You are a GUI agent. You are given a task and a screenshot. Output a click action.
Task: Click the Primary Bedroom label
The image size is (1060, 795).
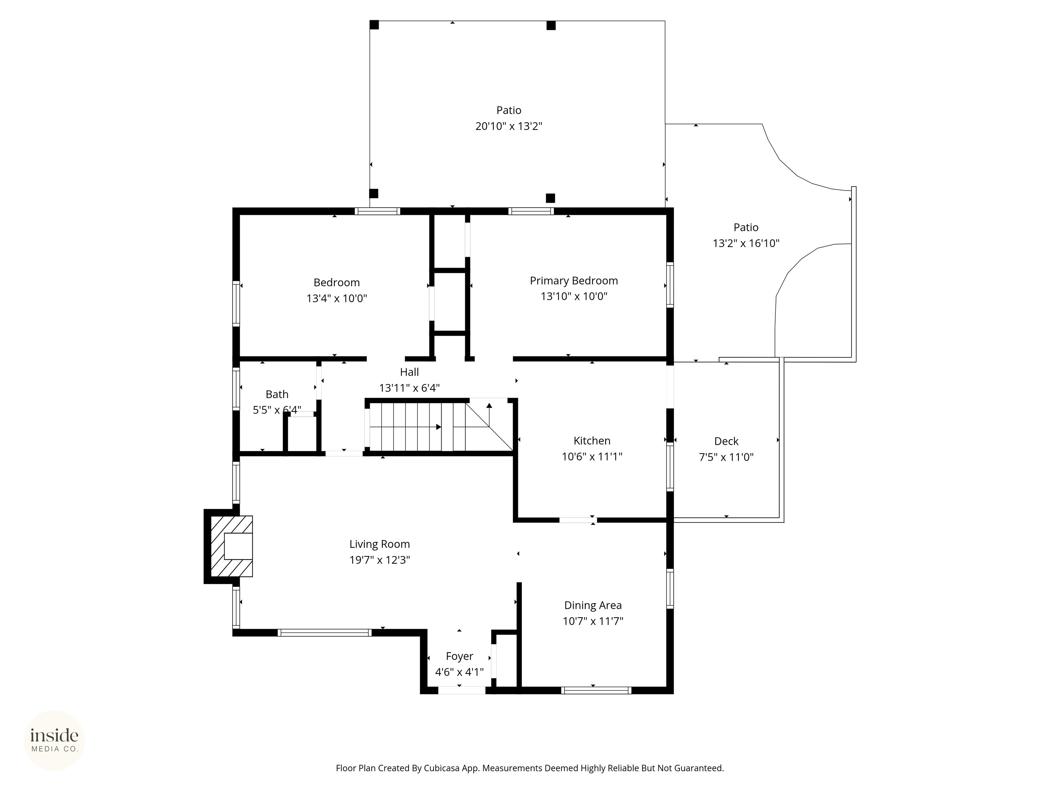point(573,281)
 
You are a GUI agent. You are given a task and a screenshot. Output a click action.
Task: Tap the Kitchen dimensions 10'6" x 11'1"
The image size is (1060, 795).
point(592,457)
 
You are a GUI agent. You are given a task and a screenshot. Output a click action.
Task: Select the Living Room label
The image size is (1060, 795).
point(380,544)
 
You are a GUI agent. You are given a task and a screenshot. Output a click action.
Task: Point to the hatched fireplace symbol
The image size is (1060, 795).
point(232,546)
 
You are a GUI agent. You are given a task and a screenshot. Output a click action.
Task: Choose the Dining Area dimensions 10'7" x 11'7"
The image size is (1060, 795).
point(593,621)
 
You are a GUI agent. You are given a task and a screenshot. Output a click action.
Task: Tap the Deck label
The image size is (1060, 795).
point(726,441)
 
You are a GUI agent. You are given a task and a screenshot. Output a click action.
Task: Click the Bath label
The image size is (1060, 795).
point(277,394)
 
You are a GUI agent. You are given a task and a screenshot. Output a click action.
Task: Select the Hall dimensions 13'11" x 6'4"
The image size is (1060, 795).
point(409,388)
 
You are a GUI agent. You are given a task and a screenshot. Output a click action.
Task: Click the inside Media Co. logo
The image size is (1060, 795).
point(54,741)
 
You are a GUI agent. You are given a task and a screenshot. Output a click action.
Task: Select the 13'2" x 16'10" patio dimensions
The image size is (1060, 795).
point(746,244)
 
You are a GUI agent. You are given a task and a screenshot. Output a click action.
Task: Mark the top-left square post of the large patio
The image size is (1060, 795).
point(374,25)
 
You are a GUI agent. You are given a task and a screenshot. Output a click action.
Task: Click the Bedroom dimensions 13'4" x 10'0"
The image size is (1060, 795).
point(337,298)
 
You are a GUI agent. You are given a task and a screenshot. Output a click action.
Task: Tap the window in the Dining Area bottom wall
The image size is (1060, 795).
point(596,690)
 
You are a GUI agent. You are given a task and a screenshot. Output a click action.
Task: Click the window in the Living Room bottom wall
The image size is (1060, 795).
point(324,632)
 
